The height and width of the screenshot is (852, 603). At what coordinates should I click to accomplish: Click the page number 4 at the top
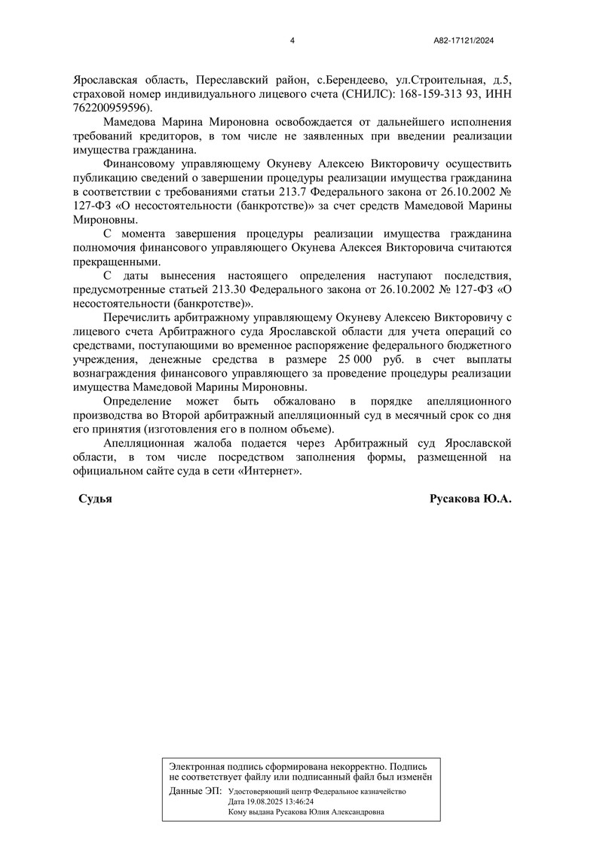coord(292,41)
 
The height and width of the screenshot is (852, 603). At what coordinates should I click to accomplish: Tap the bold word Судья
coord(96,500)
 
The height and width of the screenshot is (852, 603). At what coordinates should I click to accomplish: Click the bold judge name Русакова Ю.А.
coord(470,500)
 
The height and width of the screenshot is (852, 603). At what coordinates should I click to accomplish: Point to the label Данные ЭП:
coord(196,792)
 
